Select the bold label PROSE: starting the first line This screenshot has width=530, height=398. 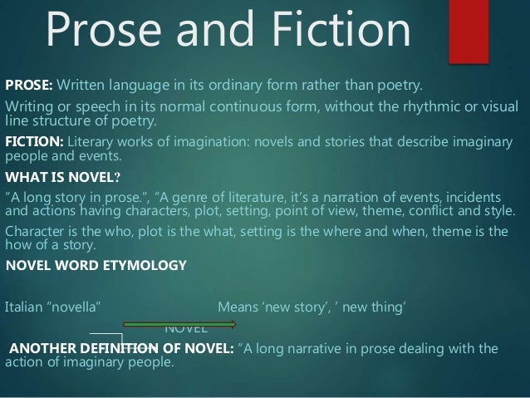tap(29, 85)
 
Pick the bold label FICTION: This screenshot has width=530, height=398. tap(34, 142)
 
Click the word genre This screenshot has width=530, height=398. tap(182, 196)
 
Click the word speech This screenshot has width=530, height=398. tap(92, 108)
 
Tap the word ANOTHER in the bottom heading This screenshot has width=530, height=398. tap(39, 349)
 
